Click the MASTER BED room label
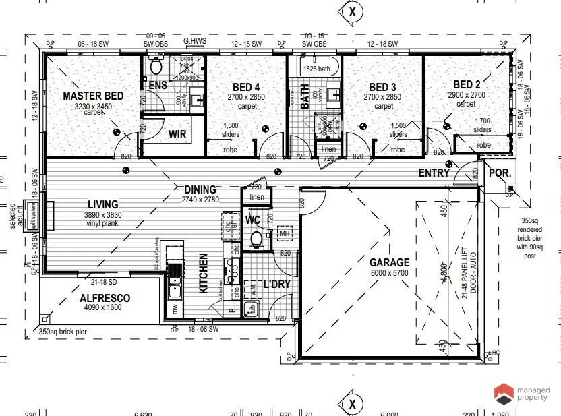[93, 96]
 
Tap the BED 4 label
[246, 87]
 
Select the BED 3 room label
[382, 87]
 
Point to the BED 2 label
[467, 84]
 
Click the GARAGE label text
[389, 262]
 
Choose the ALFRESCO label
[105, 298]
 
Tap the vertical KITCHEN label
[204, 273]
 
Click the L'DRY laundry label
[276, 284]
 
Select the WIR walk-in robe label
[177, 134]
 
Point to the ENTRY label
[434, 173]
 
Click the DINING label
[200, 190]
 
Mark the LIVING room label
[102, 204]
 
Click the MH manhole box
[285, 233]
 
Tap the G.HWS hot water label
[195, 41]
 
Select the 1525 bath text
[316, 69]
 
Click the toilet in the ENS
[156, 67]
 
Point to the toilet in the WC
[256, 239]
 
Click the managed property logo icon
[503, 394]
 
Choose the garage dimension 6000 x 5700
[389, 273]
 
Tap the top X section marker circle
[352, 11]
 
